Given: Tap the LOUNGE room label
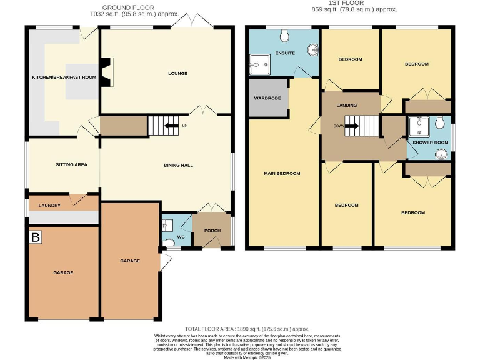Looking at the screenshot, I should [x=177, y=73].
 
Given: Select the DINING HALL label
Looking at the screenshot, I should [x=178, y=165].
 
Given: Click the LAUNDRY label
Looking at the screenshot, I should [x=49, y=205].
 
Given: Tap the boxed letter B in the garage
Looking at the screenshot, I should [x=36, y=237].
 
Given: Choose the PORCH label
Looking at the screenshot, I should [x=212, y=231].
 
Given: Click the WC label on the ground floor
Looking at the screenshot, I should [x=180, y=237].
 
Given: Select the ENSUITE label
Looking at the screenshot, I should [x=284, y=53].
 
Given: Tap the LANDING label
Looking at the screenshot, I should [x=346, y=105].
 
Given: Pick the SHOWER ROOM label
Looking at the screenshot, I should [x=428, y=143].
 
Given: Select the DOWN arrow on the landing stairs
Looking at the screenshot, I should [x=349, y=126].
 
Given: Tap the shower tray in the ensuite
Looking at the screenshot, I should [x=258, y=62].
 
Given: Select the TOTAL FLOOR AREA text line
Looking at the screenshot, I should [x=247, y=329].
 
